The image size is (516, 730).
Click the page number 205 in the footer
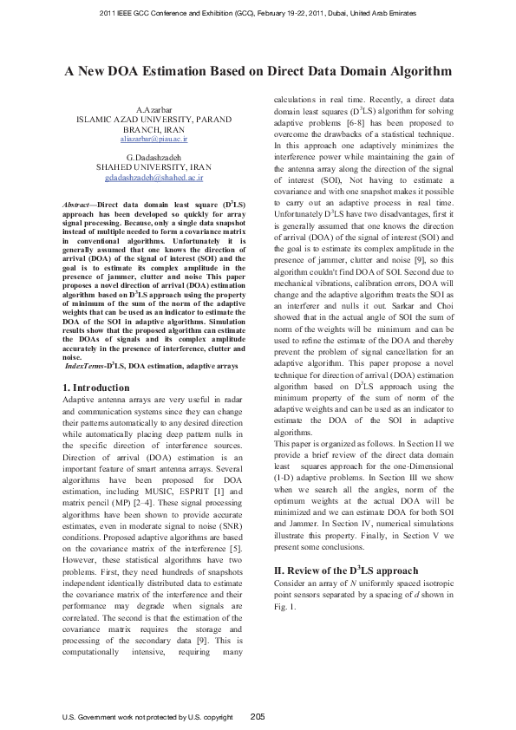(258, 716)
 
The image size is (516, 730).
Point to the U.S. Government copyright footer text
(148, 717)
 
